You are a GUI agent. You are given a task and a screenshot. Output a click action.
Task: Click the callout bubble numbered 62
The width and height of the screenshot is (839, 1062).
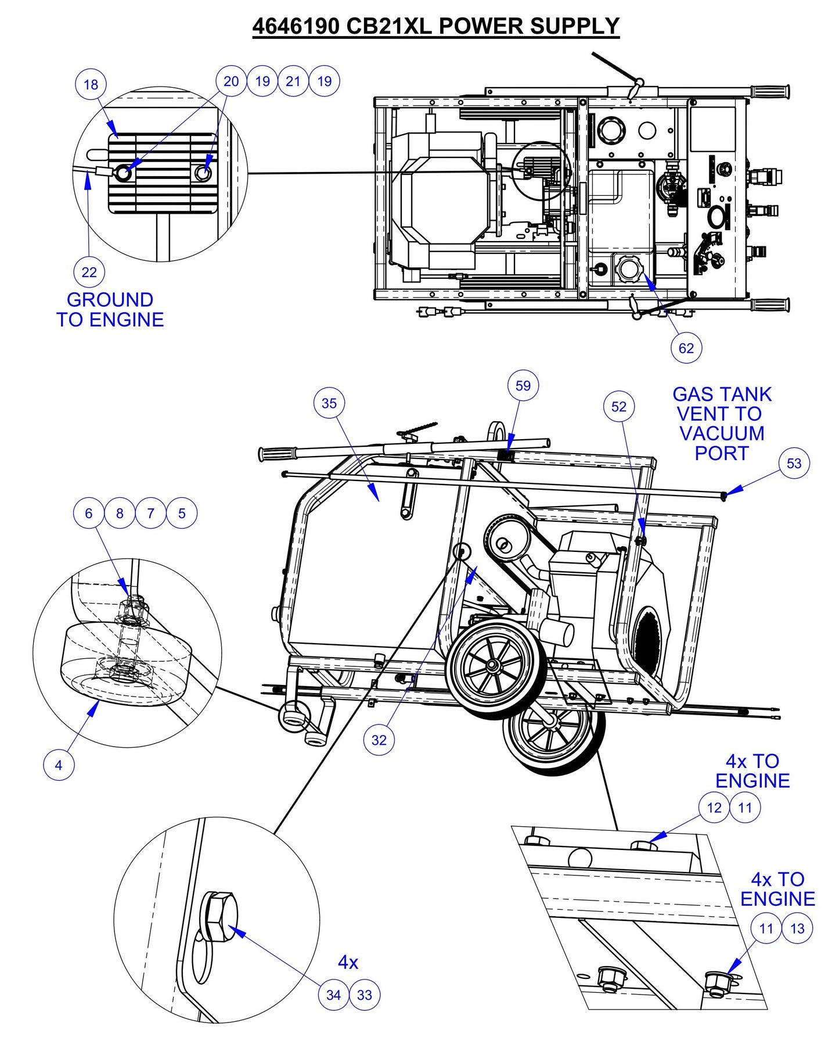coord(686,348)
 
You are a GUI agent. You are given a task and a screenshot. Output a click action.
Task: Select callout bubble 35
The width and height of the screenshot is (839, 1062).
coord(329,403)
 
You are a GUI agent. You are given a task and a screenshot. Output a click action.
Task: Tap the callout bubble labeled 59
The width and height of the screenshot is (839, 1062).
coord(523,386)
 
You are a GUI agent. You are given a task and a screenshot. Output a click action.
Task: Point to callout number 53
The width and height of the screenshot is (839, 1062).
coord(793,463)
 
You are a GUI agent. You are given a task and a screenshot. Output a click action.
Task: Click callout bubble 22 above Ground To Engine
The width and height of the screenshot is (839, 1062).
coord(89,272)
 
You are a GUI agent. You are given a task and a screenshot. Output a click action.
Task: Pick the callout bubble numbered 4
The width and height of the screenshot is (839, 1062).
coord(59,765)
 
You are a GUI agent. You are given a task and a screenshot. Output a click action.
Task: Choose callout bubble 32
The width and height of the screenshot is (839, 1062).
coord(379,740)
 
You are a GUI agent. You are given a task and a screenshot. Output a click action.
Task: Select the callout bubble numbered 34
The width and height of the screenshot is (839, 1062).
coord(333,995)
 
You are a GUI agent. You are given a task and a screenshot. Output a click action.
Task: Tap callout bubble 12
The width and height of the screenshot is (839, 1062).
coord(714,808)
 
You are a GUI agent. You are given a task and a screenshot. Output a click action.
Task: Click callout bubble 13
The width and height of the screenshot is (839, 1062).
coord(797,928)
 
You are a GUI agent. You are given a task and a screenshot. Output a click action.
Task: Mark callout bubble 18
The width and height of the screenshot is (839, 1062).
coord(91,84)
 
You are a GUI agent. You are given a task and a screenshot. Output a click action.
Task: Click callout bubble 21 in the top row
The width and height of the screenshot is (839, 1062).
coord(293,81)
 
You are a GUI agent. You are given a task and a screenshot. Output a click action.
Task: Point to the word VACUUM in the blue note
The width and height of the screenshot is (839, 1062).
coord(722,433)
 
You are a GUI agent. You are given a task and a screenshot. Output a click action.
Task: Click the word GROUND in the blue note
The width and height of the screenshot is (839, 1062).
coord(110,300)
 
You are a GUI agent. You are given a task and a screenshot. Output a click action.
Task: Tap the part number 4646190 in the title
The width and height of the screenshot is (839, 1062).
coord(296,26)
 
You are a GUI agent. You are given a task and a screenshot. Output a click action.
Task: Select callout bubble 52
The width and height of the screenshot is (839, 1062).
coord(619,407)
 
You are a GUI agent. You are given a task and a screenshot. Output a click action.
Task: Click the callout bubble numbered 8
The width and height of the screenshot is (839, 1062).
coord(120,514)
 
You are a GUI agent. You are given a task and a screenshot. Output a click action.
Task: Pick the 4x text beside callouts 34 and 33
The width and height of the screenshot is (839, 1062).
coord(348,963)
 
